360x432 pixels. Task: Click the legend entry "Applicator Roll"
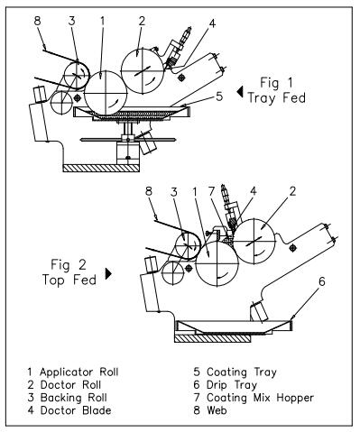[79, 372]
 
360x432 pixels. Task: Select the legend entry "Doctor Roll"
[70, 385]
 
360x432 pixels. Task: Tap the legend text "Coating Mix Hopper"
[261, 398]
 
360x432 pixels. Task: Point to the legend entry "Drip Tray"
[232, 385]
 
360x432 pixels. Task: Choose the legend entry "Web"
[217, 410]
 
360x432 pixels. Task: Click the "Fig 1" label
[276, 83]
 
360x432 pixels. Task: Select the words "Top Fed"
[69, 280]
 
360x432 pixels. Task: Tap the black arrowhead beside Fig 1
[240, 92]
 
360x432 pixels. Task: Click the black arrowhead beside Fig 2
[108, 273]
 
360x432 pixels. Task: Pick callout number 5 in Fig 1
[219, 97]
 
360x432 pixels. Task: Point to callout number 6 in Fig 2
[322, 281]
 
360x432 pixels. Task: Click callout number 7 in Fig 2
[212, 191]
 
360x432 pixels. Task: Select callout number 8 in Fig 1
[37, 21]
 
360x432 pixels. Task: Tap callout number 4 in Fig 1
[212, 23]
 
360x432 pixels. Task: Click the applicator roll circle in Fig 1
[106, 93]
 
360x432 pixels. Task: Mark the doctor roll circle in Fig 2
[254, 242]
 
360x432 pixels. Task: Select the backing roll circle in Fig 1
[77, 76]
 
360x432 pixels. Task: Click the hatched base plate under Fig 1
[101, 168]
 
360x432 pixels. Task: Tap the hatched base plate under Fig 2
[212, 338]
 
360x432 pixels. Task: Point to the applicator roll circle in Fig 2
[217, 263]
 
